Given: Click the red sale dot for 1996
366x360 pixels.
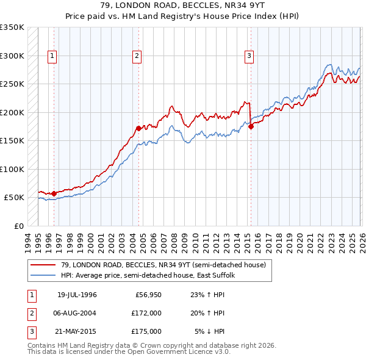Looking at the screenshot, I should click(x=54, y=193).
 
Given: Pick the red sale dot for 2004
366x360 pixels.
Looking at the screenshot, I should click(x=138, y=128).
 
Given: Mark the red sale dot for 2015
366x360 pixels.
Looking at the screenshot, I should click(x=251, y=126).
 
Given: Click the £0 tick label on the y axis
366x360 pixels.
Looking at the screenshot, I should click(x=18, y=226).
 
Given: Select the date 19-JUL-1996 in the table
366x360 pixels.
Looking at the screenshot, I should click(x=77, y=295).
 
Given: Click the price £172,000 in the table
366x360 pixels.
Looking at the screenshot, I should click(x=147, y=313).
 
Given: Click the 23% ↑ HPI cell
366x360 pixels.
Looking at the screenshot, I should click(x=210, y=295).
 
